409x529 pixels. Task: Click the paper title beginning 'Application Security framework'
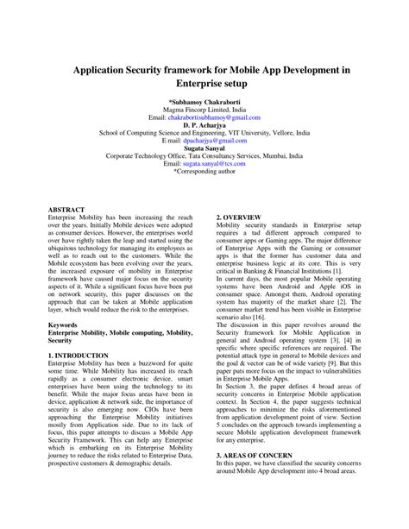coord(204,75)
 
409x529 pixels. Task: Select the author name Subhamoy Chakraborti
coord(204,101)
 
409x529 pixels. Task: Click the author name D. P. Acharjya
coord(204,124)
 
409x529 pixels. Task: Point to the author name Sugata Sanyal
coord(204,148)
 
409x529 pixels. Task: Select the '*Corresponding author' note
coord(204,171)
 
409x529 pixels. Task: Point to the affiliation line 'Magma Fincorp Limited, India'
coord(204,109)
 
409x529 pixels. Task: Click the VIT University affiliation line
coord(204,132)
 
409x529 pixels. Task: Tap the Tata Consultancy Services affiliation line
coord(204,155)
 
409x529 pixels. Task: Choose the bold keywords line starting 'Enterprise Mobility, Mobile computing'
coord(120,331)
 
